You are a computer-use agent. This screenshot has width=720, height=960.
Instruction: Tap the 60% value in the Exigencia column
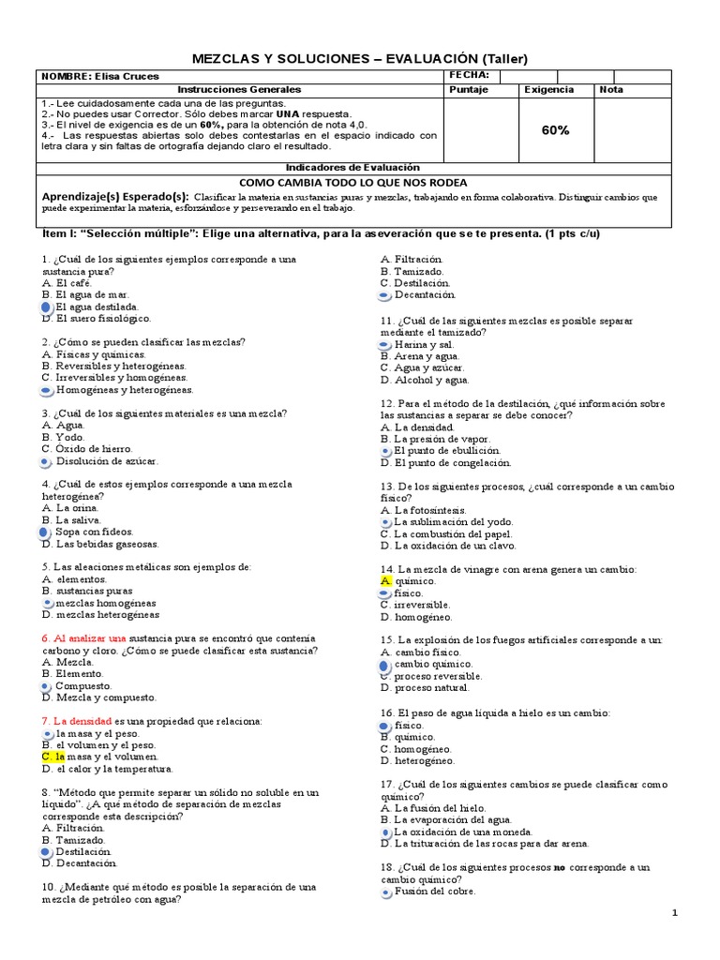555,130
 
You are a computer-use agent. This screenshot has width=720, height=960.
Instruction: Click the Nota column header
611,90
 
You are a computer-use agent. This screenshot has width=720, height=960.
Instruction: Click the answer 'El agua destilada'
97,307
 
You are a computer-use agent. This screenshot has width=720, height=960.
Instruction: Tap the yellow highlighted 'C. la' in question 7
52,757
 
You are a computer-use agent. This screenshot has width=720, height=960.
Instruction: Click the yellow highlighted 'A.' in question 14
385,581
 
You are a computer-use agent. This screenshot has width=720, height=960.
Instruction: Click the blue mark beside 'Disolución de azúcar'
46,461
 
